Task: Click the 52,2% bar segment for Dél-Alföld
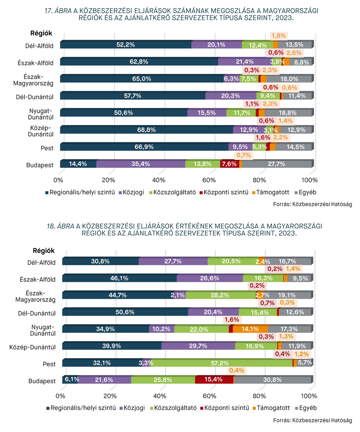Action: pyautogui.click(x=126, y=45)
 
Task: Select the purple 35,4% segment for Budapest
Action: pyautogui.click(x=141, y=164)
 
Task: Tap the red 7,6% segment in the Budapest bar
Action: pyautogui.click(x=229, y=164)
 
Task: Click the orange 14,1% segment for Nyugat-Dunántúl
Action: pyautogui.click(x=250, y=329)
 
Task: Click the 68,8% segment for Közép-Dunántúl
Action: pyautogui.click(x=147, y=130)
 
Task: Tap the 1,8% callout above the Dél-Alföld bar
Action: pyautogui.click(x=279, y=36)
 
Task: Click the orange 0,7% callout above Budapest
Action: pyautogui.click(x=244, y=155)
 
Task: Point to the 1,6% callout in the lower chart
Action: pyautogui.click(x=232, y=320)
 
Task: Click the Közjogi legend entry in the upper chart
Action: pyautogui.click(x=131, y=192)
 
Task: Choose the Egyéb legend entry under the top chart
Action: pyautogui.click(x=305, y=192)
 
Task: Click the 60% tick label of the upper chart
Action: pyautogui.click(x=209, y=180)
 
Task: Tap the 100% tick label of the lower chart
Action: pyautogui.click(x=309, y=396)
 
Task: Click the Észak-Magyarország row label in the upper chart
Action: pyautogui.click(x=33, y=80)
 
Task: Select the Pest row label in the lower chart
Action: pyautogui.click(x=49, y=364)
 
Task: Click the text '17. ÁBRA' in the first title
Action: pyautogui.click(x=58, y=11)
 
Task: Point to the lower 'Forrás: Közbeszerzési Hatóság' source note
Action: pyautogui.click(x=312, y=420)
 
